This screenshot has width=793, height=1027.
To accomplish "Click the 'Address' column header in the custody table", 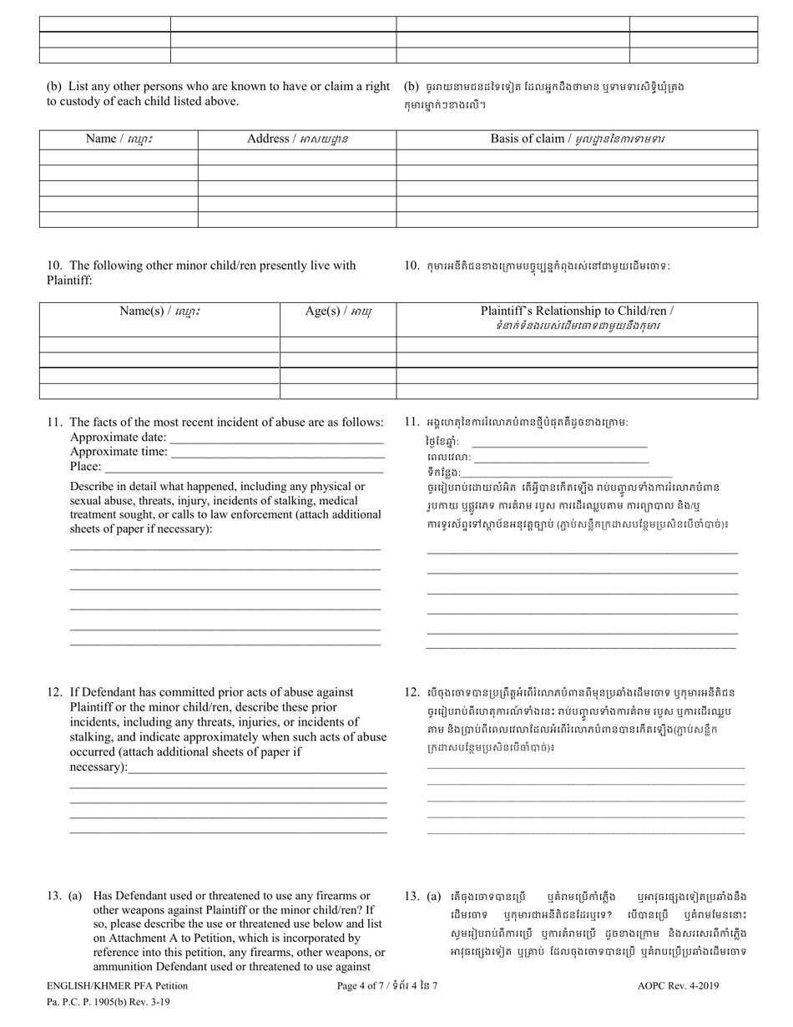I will point(297,139).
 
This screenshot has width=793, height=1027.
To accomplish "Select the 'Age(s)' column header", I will point(338,311).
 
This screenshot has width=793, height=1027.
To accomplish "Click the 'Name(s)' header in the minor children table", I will point(159,311).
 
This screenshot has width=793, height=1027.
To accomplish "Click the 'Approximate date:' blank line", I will point(276,438).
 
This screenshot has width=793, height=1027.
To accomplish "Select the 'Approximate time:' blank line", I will point(276,453).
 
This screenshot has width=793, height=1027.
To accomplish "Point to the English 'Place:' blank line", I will point(243,468).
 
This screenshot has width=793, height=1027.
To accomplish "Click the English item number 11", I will point(54,422).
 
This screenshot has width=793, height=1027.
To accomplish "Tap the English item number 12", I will point(54,692).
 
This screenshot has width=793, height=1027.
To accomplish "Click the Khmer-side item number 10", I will point(412,266).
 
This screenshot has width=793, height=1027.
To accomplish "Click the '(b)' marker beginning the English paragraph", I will point(53,86).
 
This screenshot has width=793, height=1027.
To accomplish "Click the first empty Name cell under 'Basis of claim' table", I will point(118,157).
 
